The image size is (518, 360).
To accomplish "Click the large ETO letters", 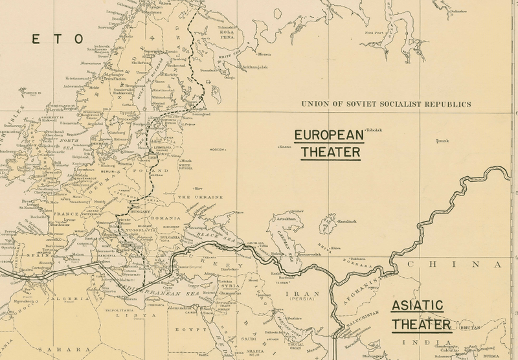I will (x=58, y=39).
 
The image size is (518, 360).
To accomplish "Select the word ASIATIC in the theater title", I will (x=417, y=304).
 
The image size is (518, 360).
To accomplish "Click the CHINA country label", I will (x=453, y=264).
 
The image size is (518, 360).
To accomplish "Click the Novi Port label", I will (x=375, y=32).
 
